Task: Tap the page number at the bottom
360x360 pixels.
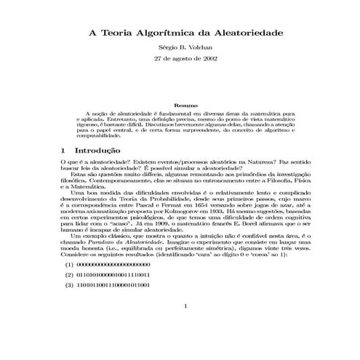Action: pyautogui.click(x=186, y=327)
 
